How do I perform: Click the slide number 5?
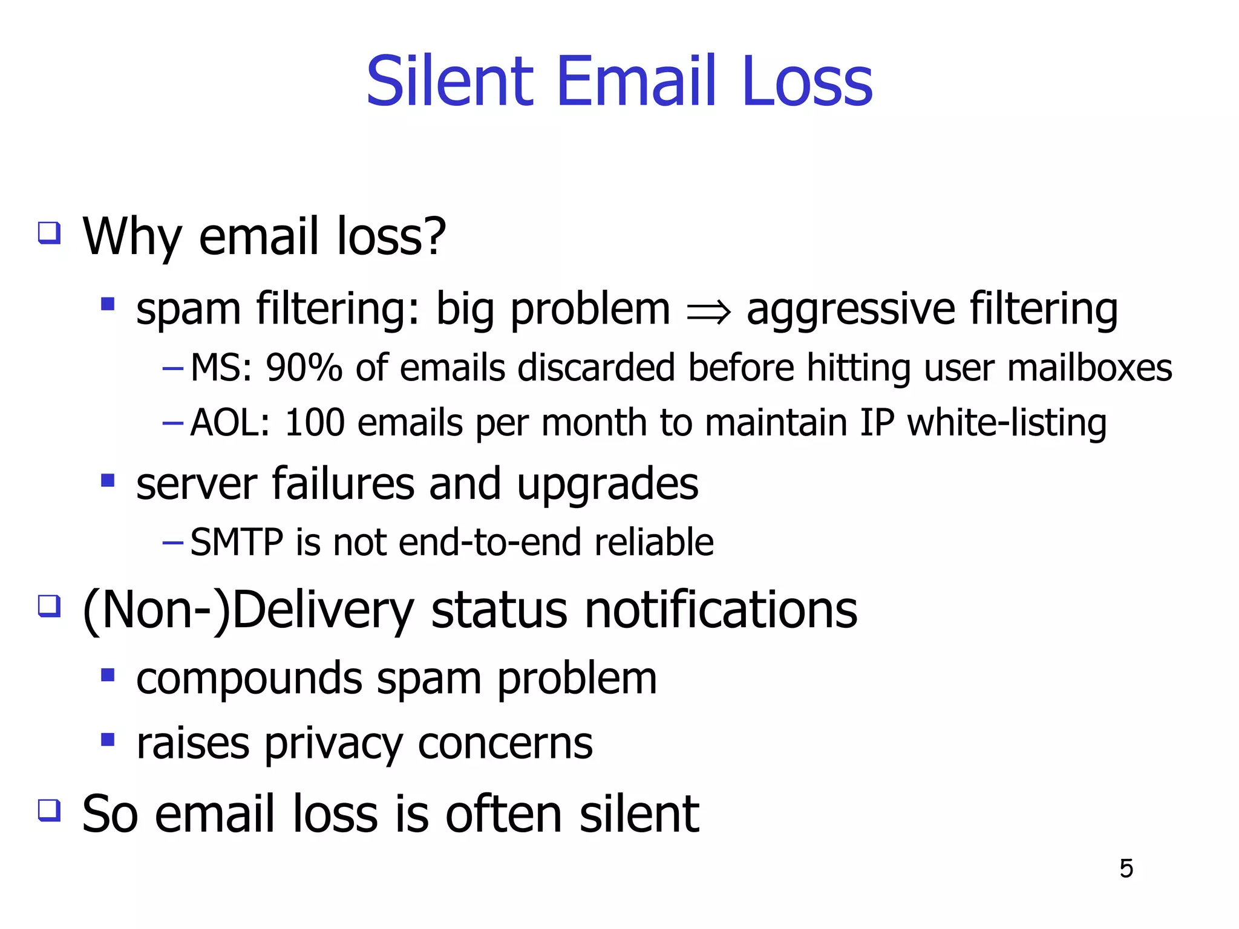tap(1126, 869)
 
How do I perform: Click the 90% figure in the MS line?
tap(304, 368)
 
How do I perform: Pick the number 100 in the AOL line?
tap(315, 422)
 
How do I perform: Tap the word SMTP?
tap(237, 542)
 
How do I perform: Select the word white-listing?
tap(1007, 422)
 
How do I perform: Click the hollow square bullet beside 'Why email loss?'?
tap(49, 232)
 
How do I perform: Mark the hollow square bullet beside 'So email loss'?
tap(49, 810)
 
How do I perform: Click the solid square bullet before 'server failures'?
tap(108, 481)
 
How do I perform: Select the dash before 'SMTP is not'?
tap(172, 543)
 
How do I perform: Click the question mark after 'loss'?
tap(433, 235)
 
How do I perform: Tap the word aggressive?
tap(851, 310)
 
